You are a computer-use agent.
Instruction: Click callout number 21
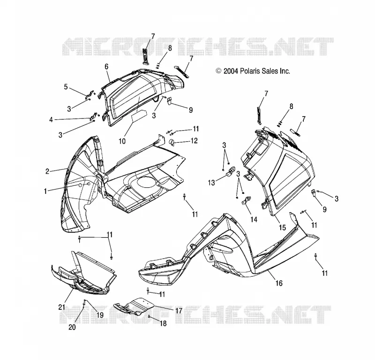[62, 307]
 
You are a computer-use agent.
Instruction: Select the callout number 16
[279, 283]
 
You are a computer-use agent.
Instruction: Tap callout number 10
[122, 141]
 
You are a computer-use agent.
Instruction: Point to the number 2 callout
[47, 171]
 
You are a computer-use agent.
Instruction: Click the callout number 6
[106, 66]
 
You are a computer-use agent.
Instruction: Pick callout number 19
[100, 315]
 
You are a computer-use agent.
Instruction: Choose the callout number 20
[72, 327]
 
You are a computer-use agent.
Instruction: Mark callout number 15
[283, 228]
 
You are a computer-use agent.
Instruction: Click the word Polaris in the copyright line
[251, 71]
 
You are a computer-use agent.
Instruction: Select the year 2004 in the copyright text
[231, 71]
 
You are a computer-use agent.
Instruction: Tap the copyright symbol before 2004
[218, 71]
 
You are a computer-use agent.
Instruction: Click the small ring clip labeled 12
[172, 142]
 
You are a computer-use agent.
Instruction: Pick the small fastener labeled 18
[149, 316]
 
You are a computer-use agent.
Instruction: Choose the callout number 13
[211, 183]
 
